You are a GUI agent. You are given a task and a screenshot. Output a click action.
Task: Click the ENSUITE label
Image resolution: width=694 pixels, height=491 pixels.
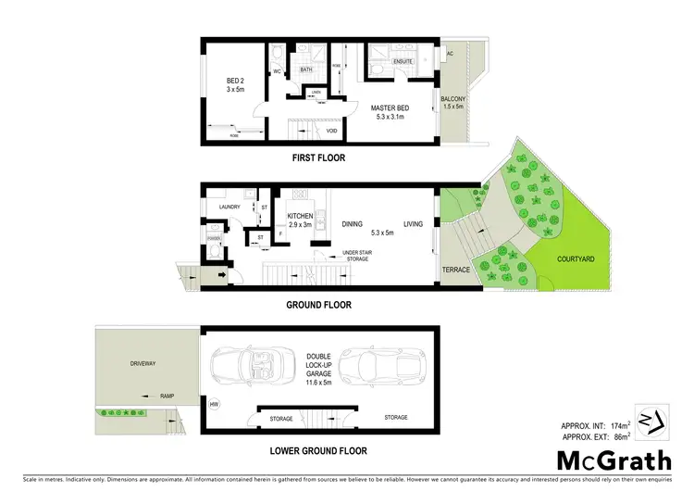[403, 62]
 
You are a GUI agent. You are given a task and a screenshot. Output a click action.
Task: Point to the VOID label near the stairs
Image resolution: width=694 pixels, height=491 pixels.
[331, 132]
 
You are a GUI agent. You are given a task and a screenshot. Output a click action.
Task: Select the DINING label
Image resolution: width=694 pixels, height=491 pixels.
[352, 223]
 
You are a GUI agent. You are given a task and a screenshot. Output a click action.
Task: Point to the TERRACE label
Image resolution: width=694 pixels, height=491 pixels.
[456, 270]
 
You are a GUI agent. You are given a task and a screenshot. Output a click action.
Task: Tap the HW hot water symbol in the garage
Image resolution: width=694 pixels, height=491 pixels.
[215, 404]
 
